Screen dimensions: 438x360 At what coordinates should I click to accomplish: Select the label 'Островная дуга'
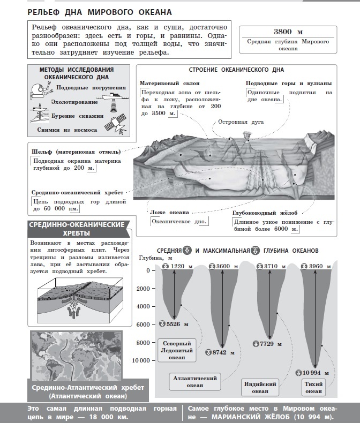pos(244,122)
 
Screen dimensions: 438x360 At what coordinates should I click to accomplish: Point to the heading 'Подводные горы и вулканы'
pos(288,83)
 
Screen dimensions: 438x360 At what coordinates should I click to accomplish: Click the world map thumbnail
pos(76,356)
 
